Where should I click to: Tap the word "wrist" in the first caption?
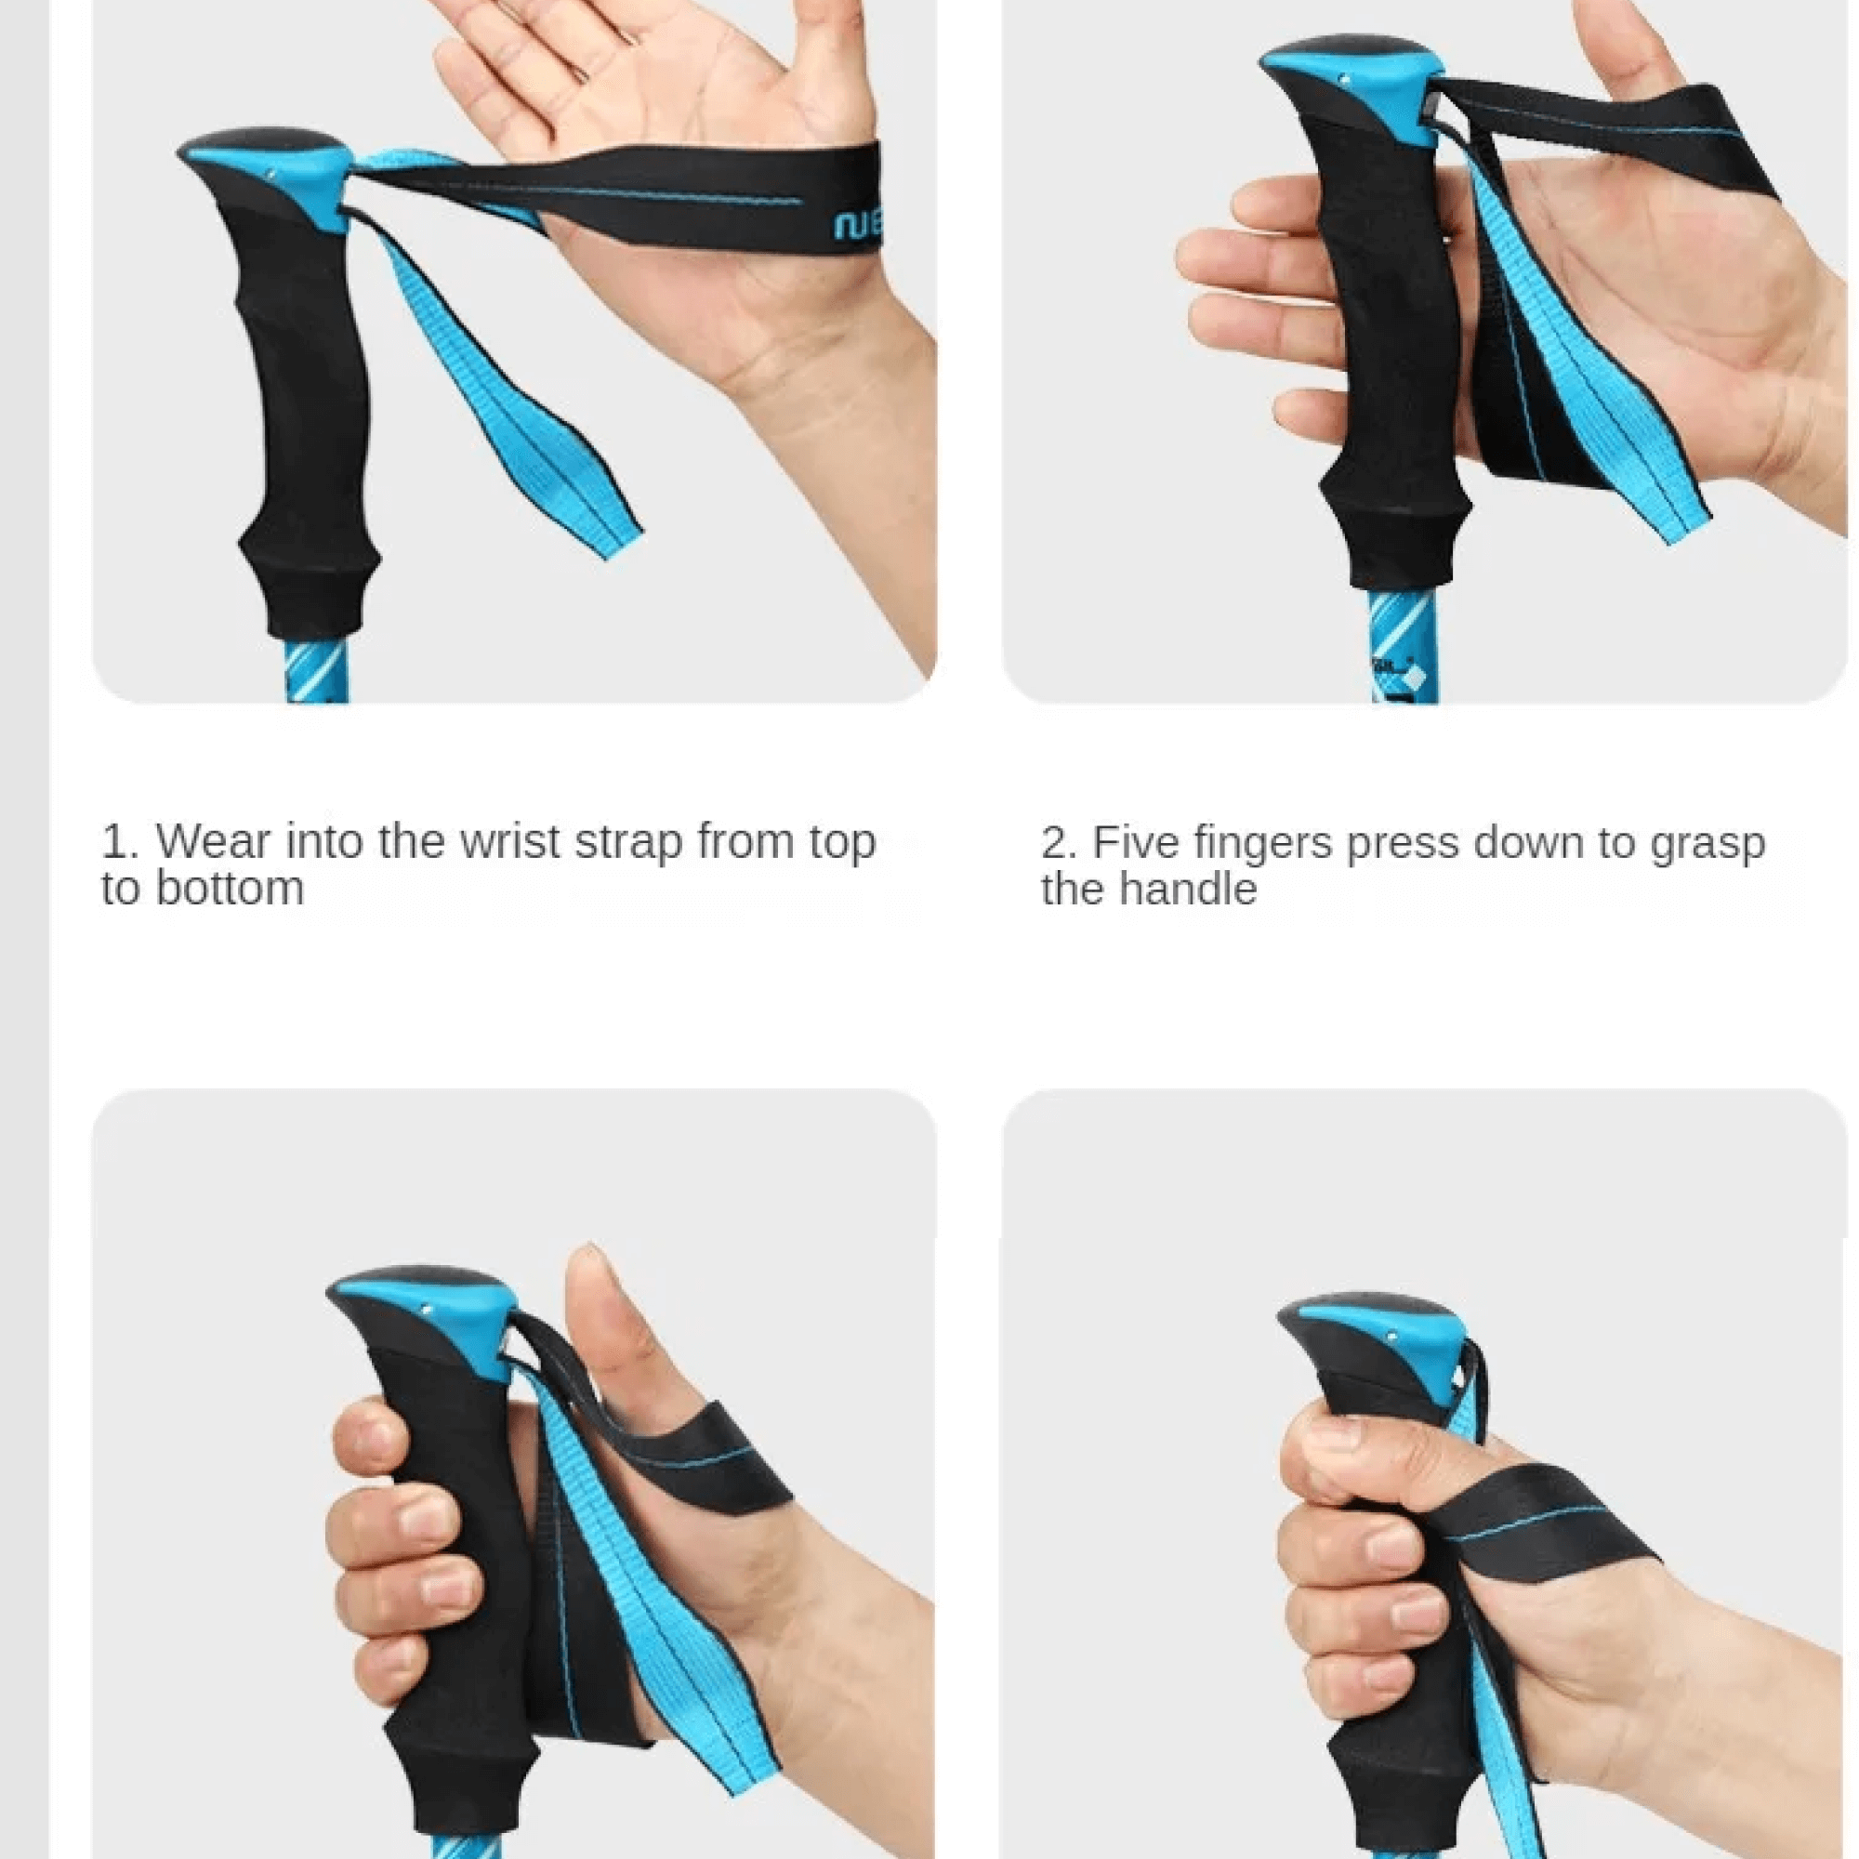pos(509,842)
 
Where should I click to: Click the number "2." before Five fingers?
pos(1059,843)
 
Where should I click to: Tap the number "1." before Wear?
pos(120,842)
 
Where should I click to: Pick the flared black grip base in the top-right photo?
pos(1395,539)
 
